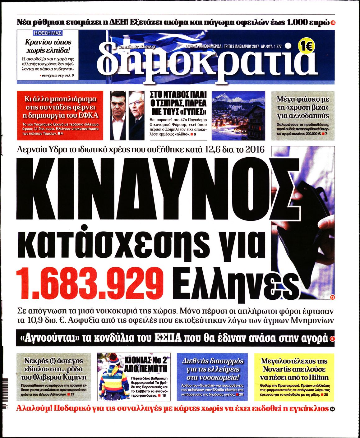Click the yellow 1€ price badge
pyautogui.click(x=307, y=46)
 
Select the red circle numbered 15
pyautogui.click(x=333, y=23)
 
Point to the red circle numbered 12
pyautogui.click(x=332, y=297)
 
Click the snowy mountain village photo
pyautogui.click(x=238, y=115)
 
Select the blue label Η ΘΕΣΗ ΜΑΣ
pyautogui.click(x=47, y=33)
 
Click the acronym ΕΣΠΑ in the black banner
pyautogui.click(x=168, y=338)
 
